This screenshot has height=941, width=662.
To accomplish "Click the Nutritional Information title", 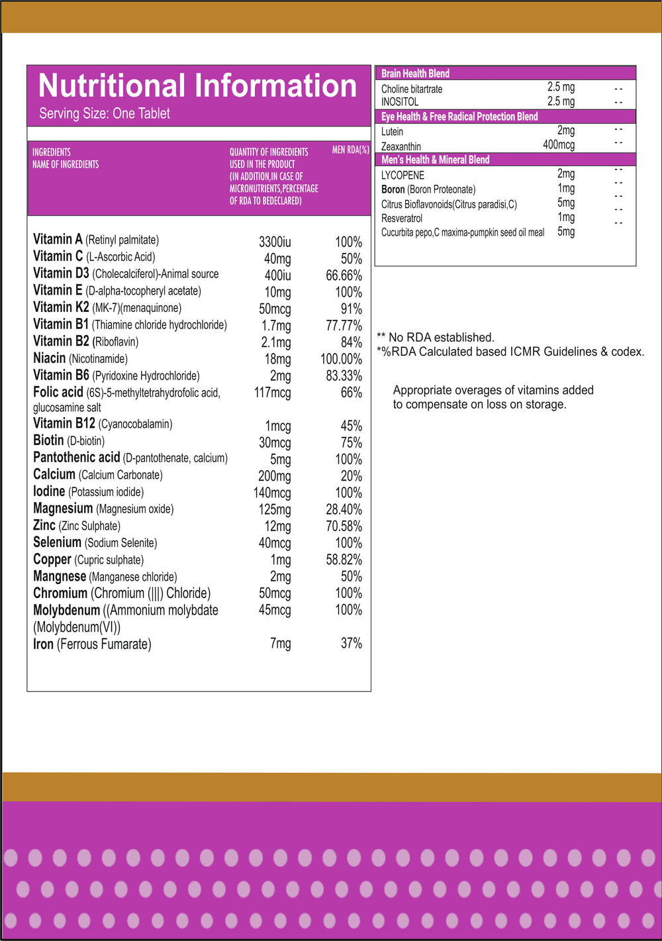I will tap(197, 86).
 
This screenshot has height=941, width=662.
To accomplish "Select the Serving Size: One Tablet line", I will tap(105, 114).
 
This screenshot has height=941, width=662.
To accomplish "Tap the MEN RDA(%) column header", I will tap(350, 150).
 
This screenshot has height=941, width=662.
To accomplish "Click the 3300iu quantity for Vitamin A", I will tap(275, 242).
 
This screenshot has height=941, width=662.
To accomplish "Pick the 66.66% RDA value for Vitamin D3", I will tap(344, 275).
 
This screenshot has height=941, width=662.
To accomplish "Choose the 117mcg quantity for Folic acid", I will tap(272, 393).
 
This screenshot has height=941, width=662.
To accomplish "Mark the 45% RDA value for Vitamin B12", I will tap(351, 426).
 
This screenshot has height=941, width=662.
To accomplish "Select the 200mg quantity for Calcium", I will tap(274, 476).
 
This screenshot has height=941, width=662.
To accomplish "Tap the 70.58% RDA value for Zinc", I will tap(344, 526).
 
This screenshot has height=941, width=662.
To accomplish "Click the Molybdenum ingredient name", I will tap(66, 611).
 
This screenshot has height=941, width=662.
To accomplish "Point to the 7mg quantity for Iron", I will tap(280, 643).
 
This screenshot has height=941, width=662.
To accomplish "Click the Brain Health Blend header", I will tap(415, 74).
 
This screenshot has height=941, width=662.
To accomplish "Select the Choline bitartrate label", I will tap(412, 89).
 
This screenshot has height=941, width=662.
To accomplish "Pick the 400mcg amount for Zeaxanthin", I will tap(558, 145).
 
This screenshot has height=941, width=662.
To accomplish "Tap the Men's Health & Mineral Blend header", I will tap(435, 160).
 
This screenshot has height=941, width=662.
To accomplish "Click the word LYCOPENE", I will tap(402, 175).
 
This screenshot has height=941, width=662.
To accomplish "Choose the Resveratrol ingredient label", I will tap(402, 218).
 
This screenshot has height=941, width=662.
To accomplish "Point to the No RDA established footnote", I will tap(436, 338).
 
